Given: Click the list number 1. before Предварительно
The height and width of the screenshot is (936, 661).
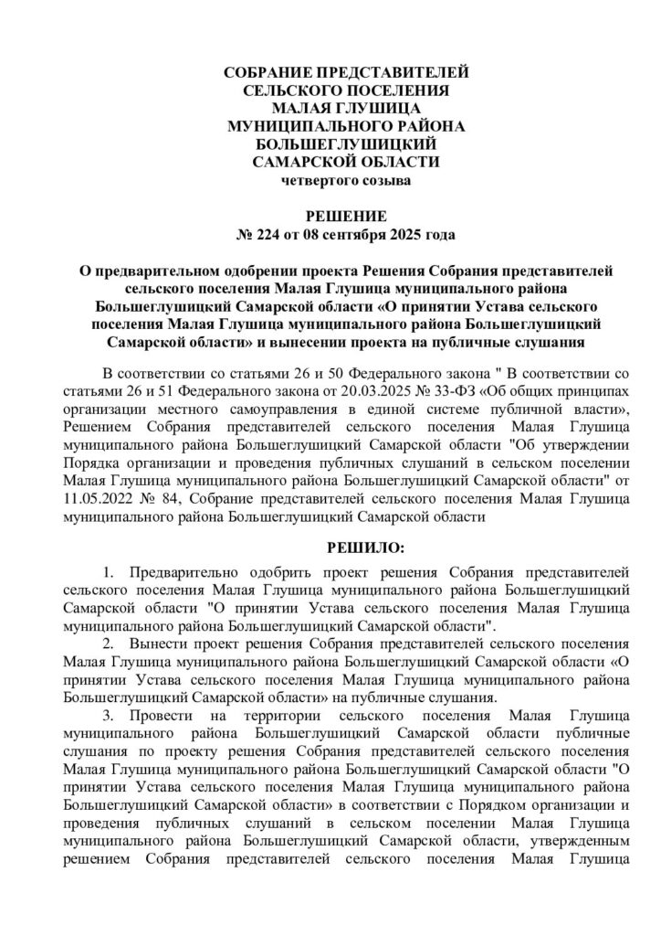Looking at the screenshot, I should (x=109, y=573).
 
